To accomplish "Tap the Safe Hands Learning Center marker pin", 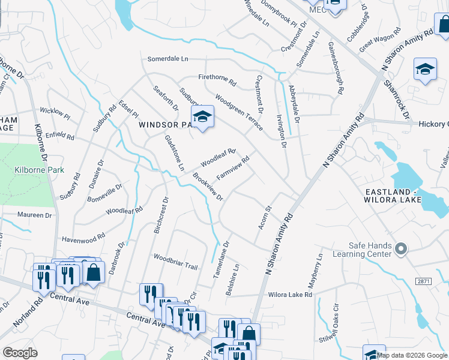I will click(x=402, y=248).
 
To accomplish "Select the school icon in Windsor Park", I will click(x=202, y=118).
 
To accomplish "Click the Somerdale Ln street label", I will click(x=168, y=59).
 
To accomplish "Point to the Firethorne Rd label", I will click(x=218, y=77).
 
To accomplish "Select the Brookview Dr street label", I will click(x=208, y=187).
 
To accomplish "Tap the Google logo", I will click(x=20, y=353).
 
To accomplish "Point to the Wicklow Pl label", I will click(x=55, y=111).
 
